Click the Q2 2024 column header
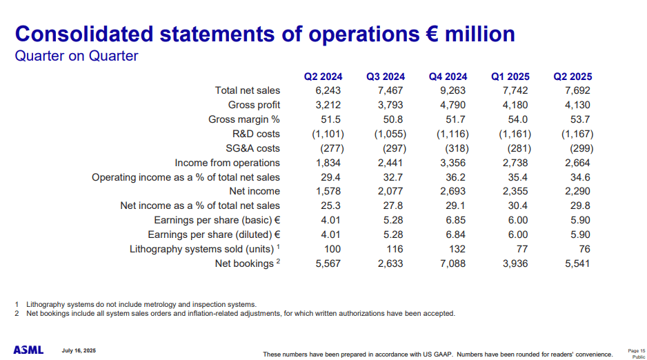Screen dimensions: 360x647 (x=323, y=77)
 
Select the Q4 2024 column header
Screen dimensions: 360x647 (x=448, y=77)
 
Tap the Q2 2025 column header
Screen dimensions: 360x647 (x=573, y=77)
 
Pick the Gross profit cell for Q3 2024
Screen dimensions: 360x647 (x=390, y=106)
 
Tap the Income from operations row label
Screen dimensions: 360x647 (x=227, y=163)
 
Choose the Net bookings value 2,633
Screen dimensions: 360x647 (x=390, y=263)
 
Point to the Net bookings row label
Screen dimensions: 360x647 (x=244, y=263)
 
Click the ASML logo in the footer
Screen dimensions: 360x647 (x=28, y=350)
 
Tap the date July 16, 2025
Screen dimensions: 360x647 (x=79, y=350)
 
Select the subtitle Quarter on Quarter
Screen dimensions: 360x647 (x=77, y=56)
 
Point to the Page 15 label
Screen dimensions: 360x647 (x=637, y=350)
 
